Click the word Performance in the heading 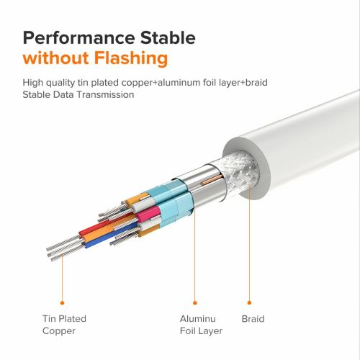(79, 37)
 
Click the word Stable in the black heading (168, 37)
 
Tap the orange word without (55, 58)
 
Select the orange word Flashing (131, 59)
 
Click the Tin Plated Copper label (64, 325)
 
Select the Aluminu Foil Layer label (201, 325)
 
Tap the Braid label (253, 319)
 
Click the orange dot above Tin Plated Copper (63, 303)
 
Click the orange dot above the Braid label (249, 302)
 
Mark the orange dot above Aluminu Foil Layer (195, 303)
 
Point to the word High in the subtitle (33, 83)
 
